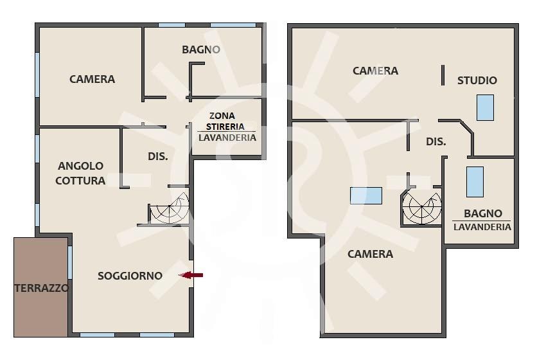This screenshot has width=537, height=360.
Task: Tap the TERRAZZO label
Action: coord(42,288)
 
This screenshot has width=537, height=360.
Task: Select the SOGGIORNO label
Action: coord(130,276)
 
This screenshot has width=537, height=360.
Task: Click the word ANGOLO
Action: coord(80,166)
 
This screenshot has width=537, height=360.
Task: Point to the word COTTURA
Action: coord(80,181)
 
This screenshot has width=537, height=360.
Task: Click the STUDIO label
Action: coord(477,80)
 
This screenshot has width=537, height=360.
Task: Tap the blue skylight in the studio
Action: coord(485,107)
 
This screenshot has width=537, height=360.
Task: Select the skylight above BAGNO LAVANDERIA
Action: coord(475,182)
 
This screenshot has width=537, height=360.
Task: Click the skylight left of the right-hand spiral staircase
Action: coord(365,195)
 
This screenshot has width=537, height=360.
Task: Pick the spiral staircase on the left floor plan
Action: coord(169,208)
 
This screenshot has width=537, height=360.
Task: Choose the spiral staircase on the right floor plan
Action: coord(422,208)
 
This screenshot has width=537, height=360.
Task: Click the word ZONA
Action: coord(222,116)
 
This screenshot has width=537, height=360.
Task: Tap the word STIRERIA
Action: coord(225,127)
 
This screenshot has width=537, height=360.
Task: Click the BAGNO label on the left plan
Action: coord(201,50)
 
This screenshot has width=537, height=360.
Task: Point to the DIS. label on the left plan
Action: coord(158,157)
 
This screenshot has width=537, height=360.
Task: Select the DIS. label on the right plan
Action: coord(436,141)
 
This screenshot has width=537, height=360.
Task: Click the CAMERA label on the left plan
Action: coord(92,79)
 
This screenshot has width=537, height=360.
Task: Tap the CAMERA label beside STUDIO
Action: coord(375,71)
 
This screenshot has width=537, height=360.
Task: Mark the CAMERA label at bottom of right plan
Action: coord(370,254)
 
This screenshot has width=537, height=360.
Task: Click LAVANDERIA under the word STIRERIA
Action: coord(227,138)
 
